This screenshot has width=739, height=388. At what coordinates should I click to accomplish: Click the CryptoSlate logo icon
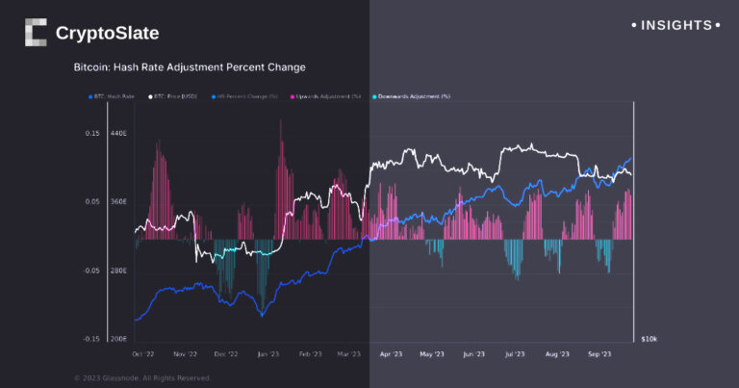pos(36,33)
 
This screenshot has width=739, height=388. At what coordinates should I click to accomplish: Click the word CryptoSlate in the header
pos(107,34)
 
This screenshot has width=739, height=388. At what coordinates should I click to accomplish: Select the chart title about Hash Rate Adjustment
pos(191,68)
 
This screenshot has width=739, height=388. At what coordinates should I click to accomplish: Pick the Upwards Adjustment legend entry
pos(328,96)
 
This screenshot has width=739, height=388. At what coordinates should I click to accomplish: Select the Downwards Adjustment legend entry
pos(413,96)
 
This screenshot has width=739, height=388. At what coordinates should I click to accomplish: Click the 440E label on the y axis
pos(119,133)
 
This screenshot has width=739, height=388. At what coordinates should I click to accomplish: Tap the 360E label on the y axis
pos(119,202)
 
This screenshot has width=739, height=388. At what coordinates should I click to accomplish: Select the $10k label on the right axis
pos(650,340)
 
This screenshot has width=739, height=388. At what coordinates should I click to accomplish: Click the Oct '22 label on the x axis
pos(143,353)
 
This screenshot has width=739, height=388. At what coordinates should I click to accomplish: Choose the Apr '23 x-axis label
pos(392,353)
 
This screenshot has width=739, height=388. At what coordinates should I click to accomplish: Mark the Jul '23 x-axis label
pos(516,353)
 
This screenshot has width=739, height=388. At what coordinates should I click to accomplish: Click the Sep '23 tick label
pos(599,353)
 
